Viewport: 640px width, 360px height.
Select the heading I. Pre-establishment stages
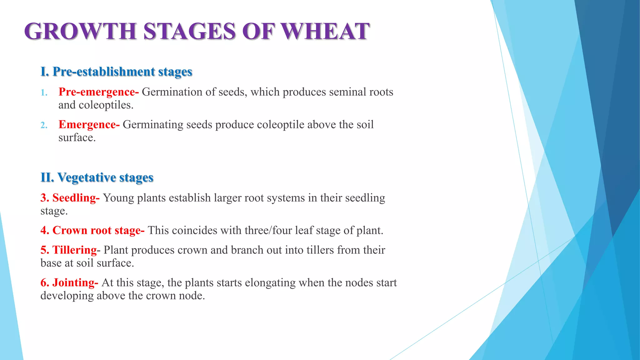(x=116, y=72)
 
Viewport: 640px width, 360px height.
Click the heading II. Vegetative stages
(x=97, y=177)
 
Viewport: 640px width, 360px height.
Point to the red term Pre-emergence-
(x=98, y=92)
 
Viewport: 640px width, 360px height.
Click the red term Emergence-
(x=89, y=124)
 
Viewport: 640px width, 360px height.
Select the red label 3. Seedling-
(x=70, y=198)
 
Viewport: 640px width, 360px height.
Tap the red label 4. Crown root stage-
(x=92, y=230)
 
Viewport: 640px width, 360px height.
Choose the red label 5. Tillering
(x=69, y=250)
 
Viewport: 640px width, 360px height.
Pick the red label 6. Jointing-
(x=69, y=282)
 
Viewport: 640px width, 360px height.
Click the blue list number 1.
(x=44, y=93)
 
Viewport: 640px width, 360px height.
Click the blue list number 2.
(x=44, y=125)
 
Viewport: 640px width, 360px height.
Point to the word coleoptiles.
(x=106, y=105)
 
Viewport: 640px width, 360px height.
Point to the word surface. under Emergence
(x=77, y=137)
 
